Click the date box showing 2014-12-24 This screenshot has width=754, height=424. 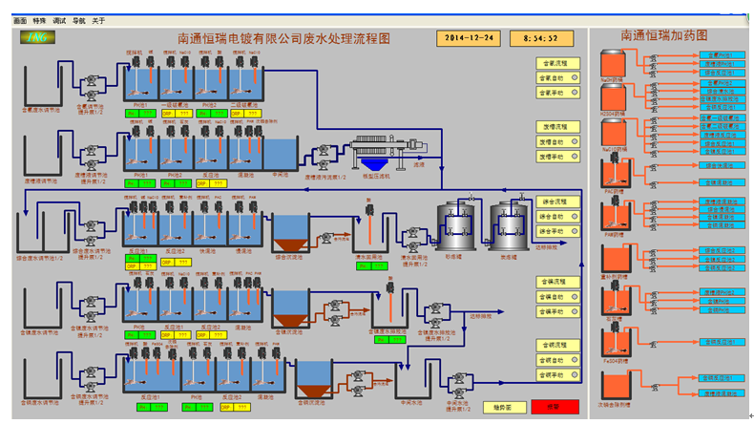point(468,38)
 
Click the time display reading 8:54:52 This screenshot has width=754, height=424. point(541,38)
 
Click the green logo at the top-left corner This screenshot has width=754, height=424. point(37,37)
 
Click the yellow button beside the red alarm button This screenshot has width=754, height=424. point(502,406)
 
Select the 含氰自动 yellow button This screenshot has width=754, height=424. point(553,77)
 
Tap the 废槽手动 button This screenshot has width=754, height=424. point(553,158)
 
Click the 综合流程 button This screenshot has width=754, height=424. point(553,201)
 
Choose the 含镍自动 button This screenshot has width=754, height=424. point(553,297)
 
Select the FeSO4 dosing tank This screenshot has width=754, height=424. point(612,345)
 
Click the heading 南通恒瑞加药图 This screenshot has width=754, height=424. point(663,35)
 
